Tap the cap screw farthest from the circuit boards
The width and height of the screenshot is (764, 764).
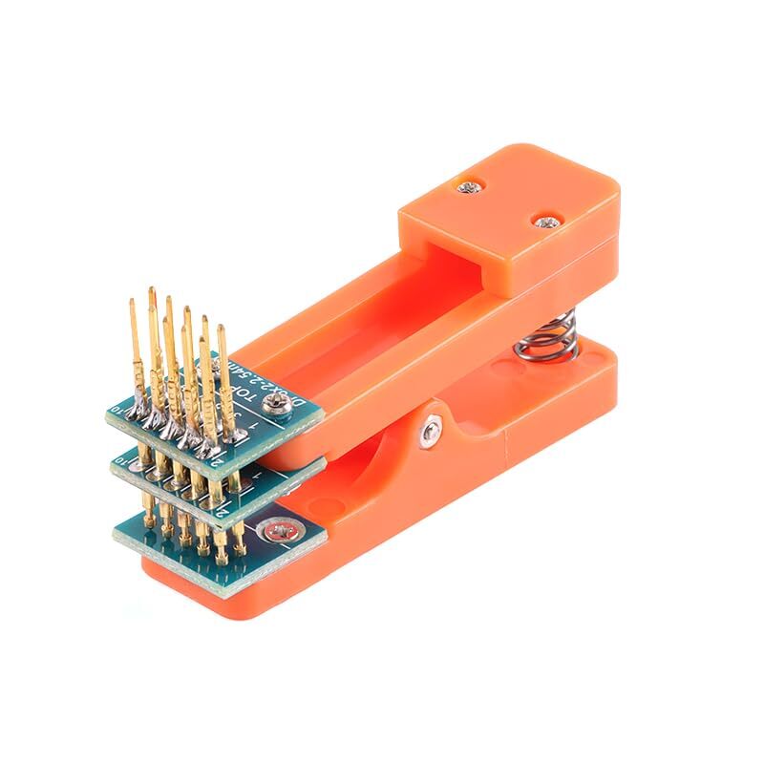pyautogui.click(x=547, y=223)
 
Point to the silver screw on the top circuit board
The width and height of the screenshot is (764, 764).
pyautogui.click(x=283, y=407)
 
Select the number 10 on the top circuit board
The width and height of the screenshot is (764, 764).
pyautogui.click(x=121, y=413)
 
